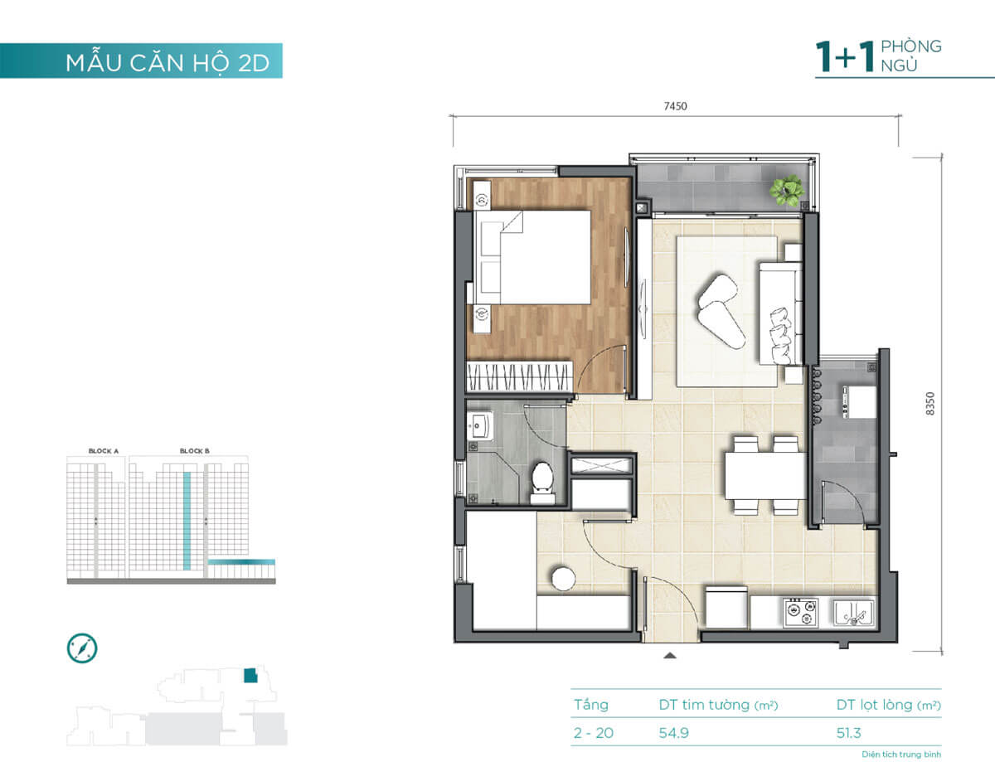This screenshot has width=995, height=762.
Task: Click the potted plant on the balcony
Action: pos(787,191)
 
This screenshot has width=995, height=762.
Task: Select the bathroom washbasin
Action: pos(479,425)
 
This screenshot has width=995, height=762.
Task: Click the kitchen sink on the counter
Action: pos(853,613)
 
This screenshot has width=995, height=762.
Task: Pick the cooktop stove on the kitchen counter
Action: pos(800,613)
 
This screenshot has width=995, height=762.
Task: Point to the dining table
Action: pos(764,476)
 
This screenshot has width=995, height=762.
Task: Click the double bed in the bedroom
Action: pos(533,257)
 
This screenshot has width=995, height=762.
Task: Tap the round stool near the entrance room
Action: pos(563,579)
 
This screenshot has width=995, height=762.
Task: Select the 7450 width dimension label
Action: pos(676,106)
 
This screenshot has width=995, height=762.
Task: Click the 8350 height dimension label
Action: pos(929,404)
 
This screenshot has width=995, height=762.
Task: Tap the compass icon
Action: pos(82,648)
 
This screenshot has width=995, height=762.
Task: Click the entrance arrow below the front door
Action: pos(670,656)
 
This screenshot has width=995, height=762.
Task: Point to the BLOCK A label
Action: pos(104,451)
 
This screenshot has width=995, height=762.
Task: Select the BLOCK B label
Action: pos(195,451)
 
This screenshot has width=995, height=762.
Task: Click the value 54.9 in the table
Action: pos(673,733)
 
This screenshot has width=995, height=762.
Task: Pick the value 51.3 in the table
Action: pos(848,733)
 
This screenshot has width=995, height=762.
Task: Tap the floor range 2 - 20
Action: pos(594,733)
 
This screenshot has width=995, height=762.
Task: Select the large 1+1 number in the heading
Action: pos(845,56)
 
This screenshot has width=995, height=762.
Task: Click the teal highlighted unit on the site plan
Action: pos(250,676)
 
